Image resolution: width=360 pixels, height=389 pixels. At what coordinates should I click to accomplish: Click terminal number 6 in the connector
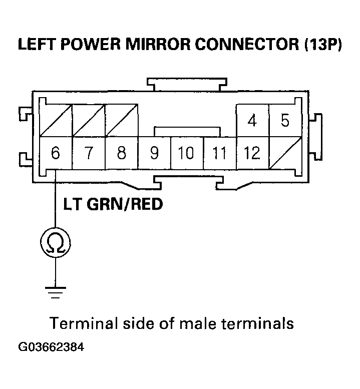click(x=56, y=153)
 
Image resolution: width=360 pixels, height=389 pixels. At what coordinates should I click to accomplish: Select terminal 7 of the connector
click(x=89, y=153)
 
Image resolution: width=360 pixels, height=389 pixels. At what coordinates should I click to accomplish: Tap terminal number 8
click(x=121, y=153)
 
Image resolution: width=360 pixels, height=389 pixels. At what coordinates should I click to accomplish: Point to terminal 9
click(x=154, y=153)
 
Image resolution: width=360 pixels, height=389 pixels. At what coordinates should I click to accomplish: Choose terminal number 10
click(x=186, y=153)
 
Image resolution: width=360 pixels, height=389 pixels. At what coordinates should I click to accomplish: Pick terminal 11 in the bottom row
click(x=219, y=153)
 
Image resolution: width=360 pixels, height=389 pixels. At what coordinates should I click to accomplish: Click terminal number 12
click(x=252, y=153)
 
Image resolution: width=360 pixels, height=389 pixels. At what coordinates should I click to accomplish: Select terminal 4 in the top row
click(x=252, y=121)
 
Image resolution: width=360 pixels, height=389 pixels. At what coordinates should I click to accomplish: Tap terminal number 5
click(x=285, y=121)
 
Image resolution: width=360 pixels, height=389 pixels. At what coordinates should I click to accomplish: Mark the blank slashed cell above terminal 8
click(x=121, y=120)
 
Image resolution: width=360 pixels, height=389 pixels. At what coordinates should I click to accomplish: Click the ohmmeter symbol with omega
click(x=55, y=244)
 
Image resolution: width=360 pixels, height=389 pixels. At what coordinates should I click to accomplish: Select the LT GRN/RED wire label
click(x=113, y=205)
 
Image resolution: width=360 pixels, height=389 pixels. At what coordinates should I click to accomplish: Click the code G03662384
click(x=52, y=347)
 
